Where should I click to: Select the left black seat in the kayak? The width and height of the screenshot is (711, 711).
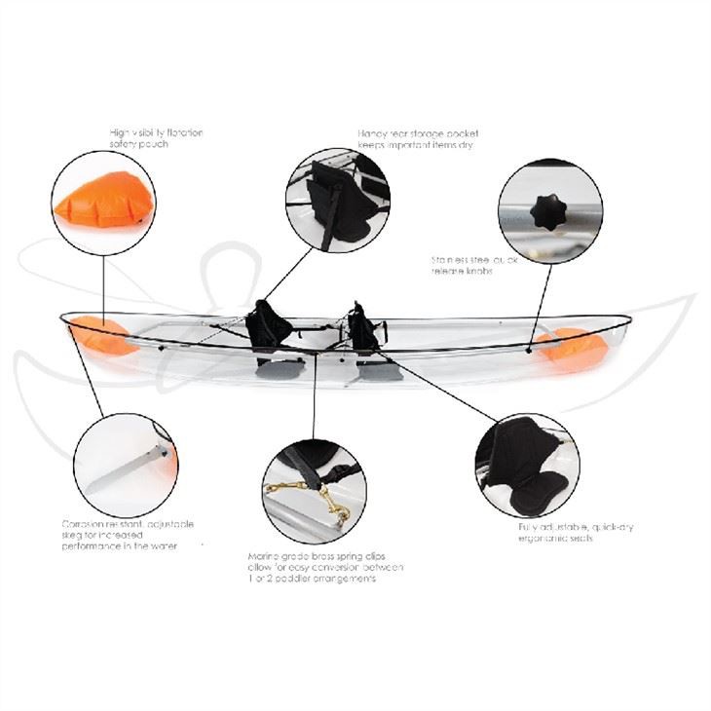(268, 326)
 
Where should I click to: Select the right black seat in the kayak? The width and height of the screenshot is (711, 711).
(363, 328)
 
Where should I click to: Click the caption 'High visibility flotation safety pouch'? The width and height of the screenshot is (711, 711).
(156, 137)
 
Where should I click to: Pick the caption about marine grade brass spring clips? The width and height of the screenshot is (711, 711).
(325, 568)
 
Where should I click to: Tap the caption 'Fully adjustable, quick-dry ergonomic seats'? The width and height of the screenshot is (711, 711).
(575, 533)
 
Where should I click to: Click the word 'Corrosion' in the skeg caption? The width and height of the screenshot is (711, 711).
(82, 524)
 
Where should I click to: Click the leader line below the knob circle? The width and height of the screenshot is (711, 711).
(543, 302)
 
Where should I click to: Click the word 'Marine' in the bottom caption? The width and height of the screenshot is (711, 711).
(266, 556)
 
